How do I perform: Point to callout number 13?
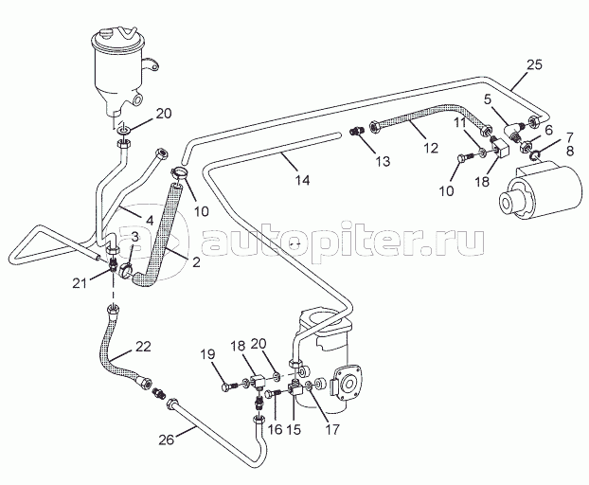(x=382, y=162)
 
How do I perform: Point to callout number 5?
(x=487, y=99)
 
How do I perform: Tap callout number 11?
(x=457, y=123)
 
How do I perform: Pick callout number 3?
(x=135, y=236)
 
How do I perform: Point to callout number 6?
(x=548, y=130)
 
